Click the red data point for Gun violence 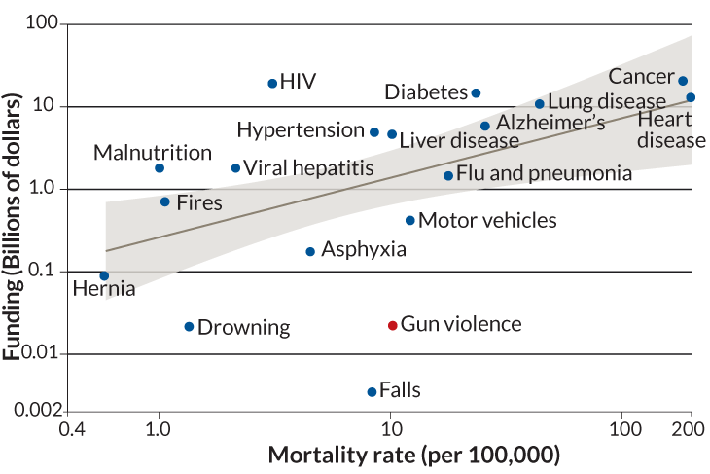point(393,325)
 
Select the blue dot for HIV point(272,84)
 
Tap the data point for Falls point(372,391)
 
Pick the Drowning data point point(189,326)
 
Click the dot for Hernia point(104,275)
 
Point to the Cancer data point point(683,81)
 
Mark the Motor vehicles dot point(410,221)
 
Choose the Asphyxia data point point(310,251)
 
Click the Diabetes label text point(426,92)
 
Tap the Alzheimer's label point(550,124)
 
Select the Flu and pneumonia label point(544,174)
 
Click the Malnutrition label point(153,153)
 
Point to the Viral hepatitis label point(307,168)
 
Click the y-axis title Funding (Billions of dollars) point(14,226)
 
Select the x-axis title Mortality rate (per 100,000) point(413,455)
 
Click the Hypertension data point point(374,131)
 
